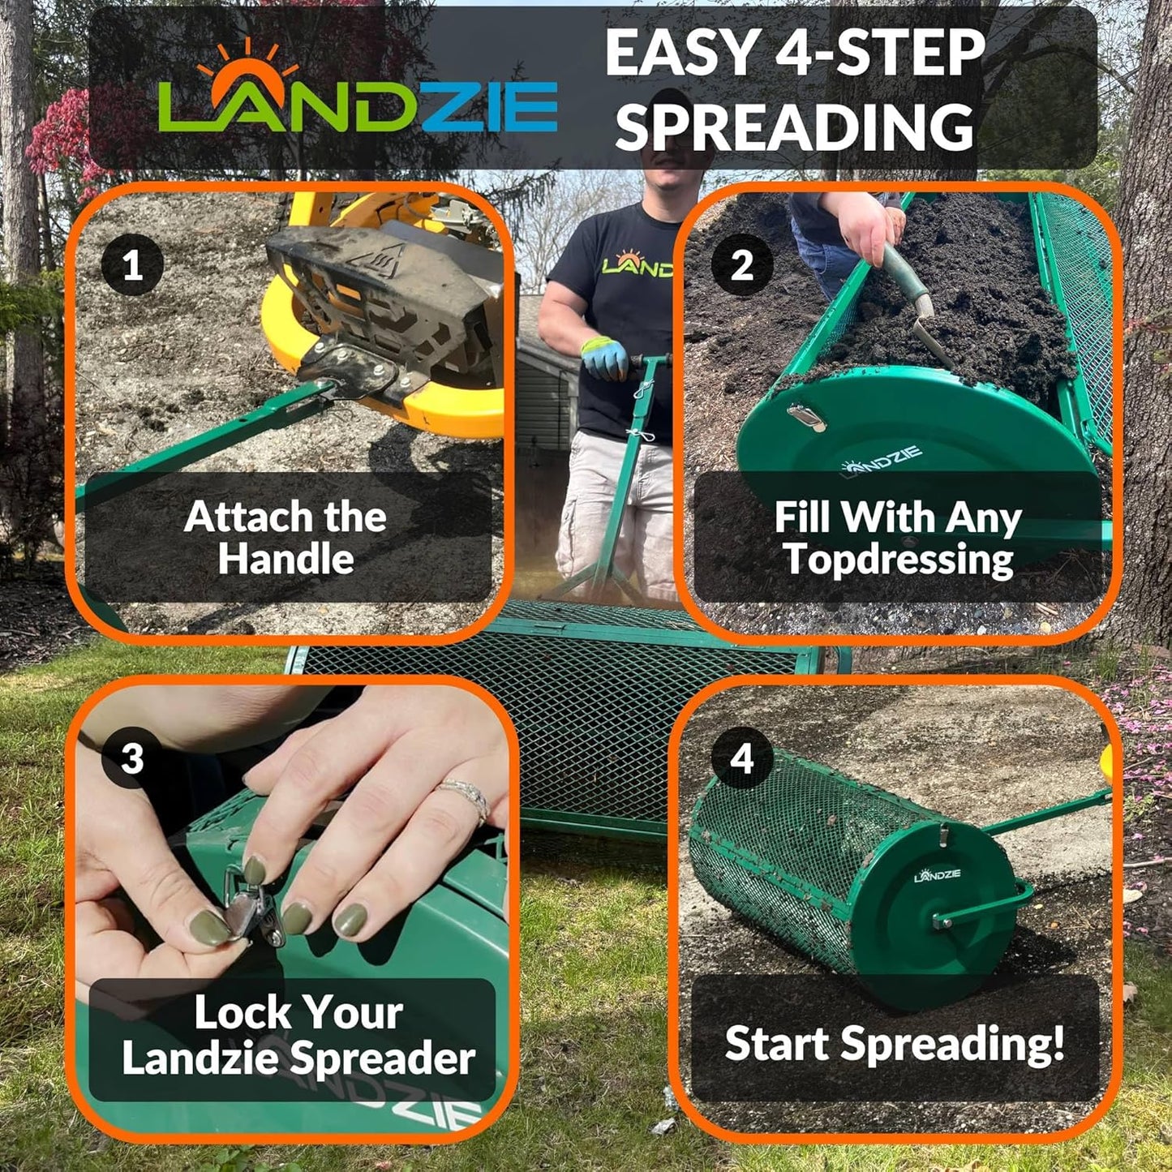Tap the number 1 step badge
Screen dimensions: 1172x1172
pyautogui.click(x=132, y=265)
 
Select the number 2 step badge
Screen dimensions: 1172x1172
pyautogui.click(x=741, y=265)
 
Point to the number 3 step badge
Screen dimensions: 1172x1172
pyautogui.click(x=131, y=759)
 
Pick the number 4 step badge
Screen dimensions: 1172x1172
pyautogui.click(x=741, y=759)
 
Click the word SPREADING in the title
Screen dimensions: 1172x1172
pyautogui.click(x=795, y=127)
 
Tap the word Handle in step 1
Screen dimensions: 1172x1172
pyautogui.click(x=285, y=560)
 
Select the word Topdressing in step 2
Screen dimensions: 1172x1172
pyautogui.click(x=899, y=560)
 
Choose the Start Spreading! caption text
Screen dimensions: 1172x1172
pyautogui.click(x=895, y=1044)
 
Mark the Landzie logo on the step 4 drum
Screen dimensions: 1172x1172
pyautogui.click(x=938, y=874)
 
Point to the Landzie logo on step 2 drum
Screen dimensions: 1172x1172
pyautogui.click(x=882, y=460)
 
